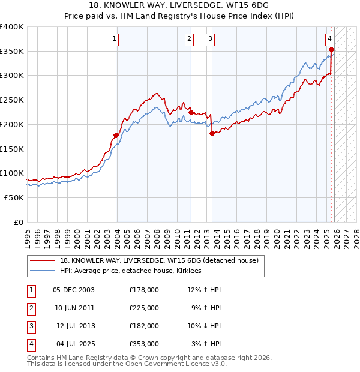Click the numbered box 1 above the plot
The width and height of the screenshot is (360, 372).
(114, 40)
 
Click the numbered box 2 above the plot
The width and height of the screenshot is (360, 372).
(189, 40)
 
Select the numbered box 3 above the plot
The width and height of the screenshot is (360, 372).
(211, 40)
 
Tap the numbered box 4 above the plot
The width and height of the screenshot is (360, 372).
(330, 40)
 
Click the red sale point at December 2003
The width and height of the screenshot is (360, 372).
(116, 135)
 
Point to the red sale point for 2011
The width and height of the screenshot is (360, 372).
(191, 112)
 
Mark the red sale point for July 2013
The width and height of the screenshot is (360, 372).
(212, 133)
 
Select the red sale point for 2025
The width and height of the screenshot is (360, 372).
(332, 50)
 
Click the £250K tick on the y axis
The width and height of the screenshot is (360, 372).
(12, 100)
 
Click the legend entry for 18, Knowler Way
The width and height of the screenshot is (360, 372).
(159, 260)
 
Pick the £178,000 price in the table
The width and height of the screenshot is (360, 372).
(144, 290)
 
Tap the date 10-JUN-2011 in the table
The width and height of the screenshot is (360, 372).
(74, 308)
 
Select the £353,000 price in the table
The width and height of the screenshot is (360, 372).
(144, 344)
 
